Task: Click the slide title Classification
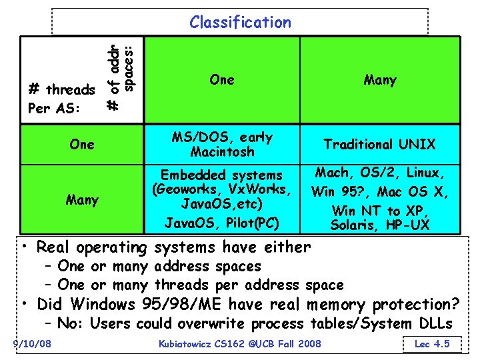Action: pos(240,23)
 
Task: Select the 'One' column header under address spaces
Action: pos(221,80)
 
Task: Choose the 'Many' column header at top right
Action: pos(380,80)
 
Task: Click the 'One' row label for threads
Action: pos(82,144)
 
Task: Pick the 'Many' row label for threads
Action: pos(82,199)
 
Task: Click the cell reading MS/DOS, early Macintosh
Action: pos(221,144)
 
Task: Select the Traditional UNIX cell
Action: pos(379,144)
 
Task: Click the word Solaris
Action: pos(354,225)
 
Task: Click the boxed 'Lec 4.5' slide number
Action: pos(432,344)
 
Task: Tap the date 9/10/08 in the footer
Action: pos(35,344)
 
